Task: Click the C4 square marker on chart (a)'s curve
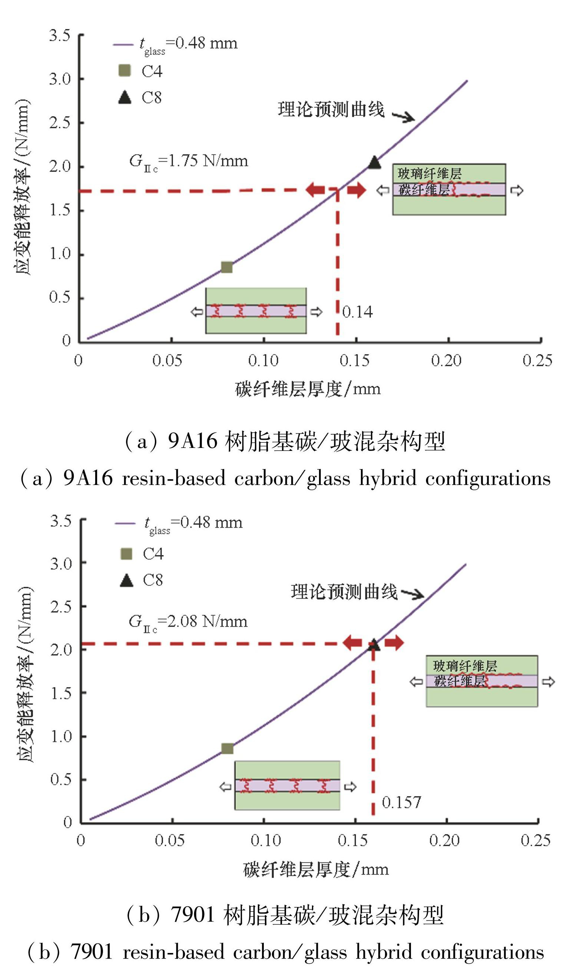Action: [x=227, y=267]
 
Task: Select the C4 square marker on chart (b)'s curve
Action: [x=227, y=748]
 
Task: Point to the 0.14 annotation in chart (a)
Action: [x=357, y=312]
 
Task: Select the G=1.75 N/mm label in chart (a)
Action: [x=189, y=161]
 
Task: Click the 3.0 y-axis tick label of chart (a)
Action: [x=60, y=79]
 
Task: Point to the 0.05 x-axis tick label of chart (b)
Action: [x=169, y=841]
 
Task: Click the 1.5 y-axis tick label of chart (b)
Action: [x=60, y=693]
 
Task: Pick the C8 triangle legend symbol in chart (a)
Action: [x=124, y=98]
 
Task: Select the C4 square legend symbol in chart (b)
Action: [x=127, y=553]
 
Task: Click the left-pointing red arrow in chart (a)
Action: [x=315, y=190]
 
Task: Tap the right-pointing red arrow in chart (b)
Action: [x=394, y=643]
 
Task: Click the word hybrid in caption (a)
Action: [x=388, y=478]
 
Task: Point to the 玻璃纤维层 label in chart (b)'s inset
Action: [x=465, y=666]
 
